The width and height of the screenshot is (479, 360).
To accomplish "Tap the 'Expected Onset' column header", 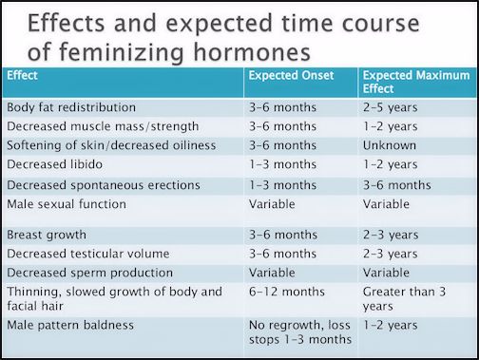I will point(294,73).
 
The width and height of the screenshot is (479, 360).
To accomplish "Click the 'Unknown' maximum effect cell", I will point(390,144).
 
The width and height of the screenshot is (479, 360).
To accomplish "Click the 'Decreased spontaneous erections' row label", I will point(103,184).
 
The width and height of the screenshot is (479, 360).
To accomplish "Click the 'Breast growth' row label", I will point(47,234).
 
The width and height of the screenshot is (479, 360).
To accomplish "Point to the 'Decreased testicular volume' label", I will point(88,254).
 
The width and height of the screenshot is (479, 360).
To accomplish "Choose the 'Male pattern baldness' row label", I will point(70,326).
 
